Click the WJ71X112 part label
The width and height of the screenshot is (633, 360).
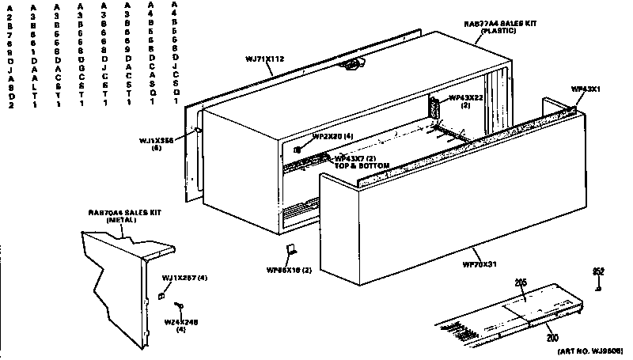click(264, 59)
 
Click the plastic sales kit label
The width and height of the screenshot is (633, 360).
click(501, 27)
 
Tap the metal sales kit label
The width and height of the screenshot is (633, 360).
click(117, 216)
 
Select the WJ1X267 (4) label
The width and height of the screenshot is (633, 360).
click(184, 278)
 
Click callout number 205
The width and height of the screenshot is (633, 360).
click(521, 282)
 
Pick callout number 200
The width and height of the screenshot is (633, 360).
click(552, 338)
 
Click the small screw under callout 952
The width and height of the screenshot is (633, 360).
click(600, 286)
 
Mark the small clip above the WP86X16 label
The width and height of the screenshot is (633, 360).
click(291, 252)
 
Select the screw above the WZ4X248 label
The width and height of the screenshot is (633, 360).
click(181, 306)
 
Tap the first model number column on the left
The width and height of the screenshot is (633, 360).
click(9, 55)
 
